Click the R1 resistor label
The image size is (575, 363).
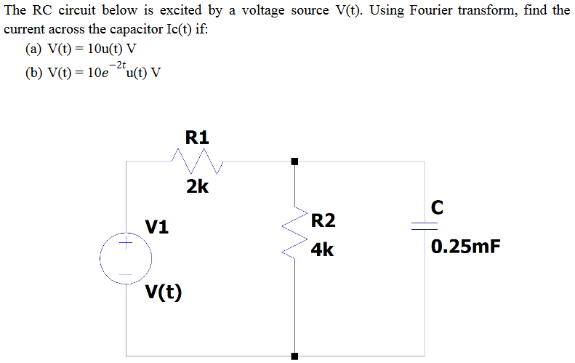click(197, 137)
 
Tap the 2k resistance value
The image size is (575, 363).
click(197, 187)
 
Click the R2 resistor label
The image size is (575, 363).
click(323, 220)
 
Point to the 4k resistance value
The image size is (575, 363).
click(322, 250)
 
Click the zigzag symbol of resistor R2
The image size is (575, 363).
click(294, 233)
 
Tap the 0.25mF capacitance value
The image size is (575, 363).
click(465, 247)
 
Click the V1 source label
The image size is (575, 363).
click(157, 227)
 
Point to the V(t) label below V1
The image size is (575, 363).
click(164, 292)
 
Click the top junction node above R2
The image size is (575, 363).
click(294, 161)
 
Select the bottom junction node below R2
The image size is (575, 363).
click(294, 356)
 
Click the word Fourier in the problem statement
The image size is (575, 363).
click(396, 11)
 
